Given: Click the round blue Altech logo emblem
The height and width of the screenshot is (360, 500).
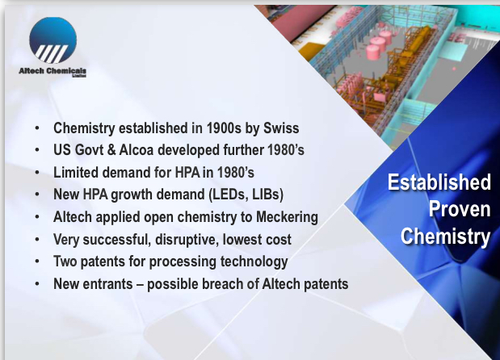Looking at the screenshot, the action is coord(53,40).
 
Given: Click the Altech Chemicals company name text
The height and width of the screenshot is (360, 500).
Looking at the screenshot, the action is coord(53,71).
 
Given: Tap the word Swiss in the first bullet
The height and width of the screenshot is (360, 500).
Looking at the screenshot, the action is coord(281,128).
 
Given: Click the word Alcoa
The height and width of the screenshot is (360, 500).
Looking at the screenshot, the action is coord(137,150).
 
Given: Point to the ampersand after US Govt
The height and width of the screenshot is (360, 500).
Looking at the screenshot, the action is coord(111,150).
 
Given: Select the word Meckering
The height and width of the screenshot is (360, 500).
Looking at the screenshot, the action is coord(287,217).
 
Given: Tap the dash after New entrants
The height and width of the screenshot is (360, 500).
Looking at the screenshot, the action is coord(140,284).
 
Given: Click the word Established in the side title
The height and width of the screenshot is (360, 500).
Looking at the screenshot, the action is coord(439,182).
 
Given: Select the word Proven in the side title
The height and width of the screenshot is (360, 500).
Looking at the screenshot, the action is coord(460,209).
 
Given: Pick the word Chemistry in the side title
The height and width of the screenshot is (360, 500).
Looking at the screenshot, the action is coord(445,237).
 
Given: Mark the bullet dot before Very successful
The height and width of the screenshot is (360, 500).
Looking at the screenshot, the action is coord(37,239).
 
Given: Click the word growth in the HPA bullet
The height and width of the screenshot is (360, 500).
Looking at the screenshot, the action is coord(132,195).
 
